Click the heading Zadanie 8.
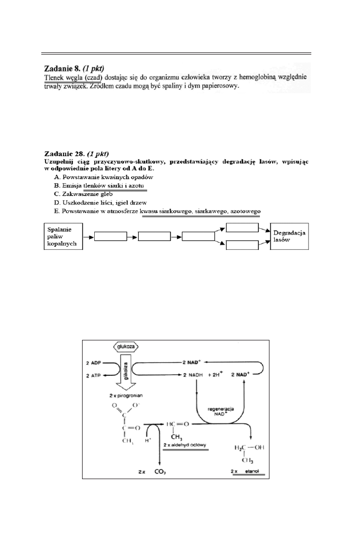(66, 69)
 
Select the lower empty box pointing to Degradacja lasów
(241, 245)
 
